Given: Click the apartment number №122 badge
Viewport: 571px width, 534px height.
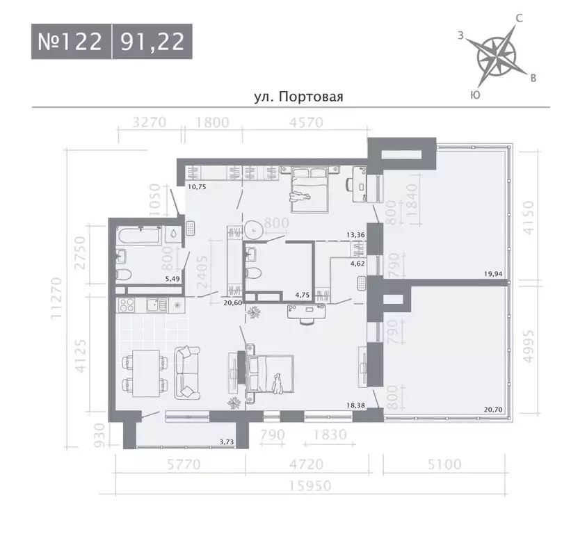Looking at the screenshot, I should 70,42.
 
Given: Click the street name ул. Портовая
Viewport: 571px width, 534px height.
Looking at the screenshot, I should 299,97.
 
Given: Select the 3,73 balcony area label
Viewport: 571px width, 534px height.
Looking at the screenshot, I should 227,441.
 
